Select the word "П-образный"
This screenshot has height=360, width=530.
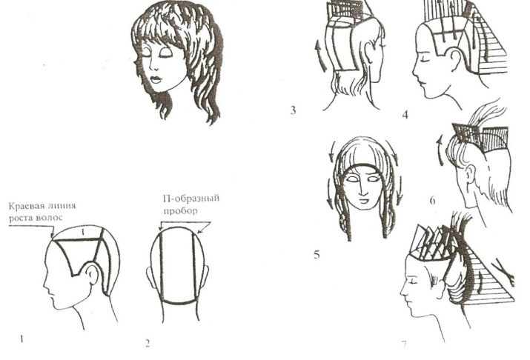coord(191,199)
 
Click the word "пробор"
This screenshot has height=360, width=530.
coord(180,211)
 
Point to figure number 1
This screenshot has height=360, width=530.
coord(21,339)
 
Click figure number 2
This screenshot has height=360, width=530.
coord(148,344)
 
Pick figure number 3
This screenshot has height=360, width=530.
coord(293,110)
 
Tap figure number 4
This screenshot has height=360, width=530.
coord(405,115)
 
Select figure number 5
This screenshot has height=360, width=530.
coord(317,254)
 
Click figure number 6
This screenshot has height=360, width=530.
coord(432,201)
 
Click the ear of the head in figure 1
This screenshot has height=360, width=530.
coord(92,274)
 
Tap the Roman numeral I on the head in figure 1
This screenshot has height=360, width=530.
coord(82,232)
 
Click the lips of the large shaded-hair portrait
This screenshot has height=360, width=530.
coord(156,80)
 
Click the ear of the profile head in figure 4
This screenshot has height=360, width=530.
coord(454,58)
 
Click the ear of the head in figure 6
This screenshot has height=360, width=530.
coord(468,174)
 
